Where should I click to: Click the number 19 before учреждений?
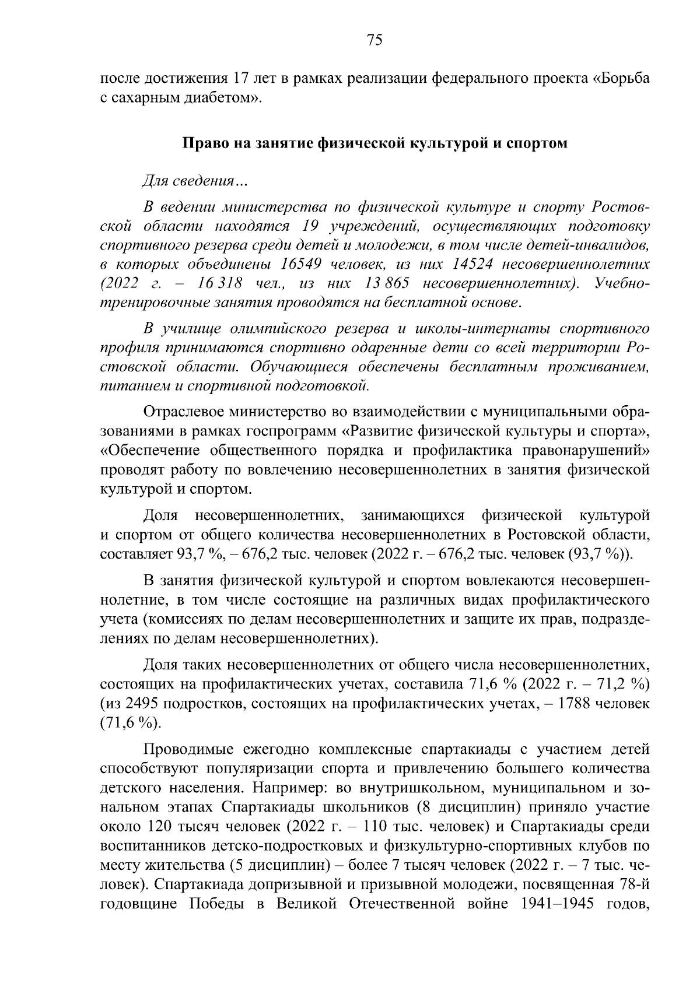pyautogui.click(x=314, y=226)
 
